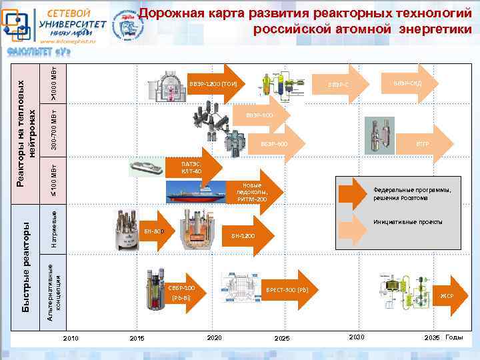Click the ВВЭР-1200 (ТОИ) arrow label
point(213,84)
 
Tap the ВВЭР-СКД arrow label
point(406,83)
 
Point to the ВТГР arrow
point(422,143)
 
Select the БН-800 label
point(154,231)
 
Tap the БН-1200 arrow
point(243,235)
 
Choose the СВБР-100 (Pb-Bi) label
point(181,292)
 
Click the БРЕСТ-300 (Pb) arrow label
point(287,290)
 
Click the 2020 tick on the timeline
point(215,339)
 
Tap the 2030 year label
point(357,338)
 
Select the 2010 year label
point(71,339)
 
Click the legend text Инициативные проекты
point(408,222)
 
